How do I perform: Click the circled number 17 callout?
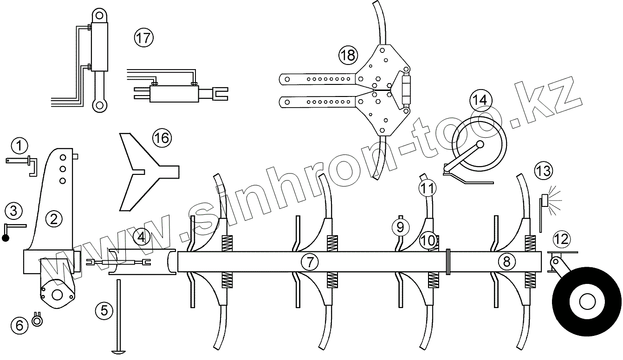pyautogui.click(x=143, y=37)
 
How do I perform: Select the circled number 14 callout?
pyautogui.click(x=480, y=99)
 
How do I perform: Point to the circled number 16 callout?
pyautogui.click(x=162, y=138)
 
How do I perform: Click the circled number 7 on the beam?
pyautogui.click(x=310, y=262)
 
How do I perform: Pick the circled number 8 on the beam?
pyautogui.click(x=506, y=262)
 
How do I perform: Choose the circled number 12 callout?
pyautogui.click(x=561, y=239)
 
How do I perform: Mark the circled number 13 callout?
pyautogui.click(x=543, y=170)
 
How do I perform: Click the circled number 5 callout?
pyautogui.click(x=104, y=310)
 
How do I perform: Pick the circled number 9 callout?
pyautogui.click(x=400, y=227)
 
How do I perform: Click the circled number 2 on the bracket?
pyautogui.click(x=54, y=219)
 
